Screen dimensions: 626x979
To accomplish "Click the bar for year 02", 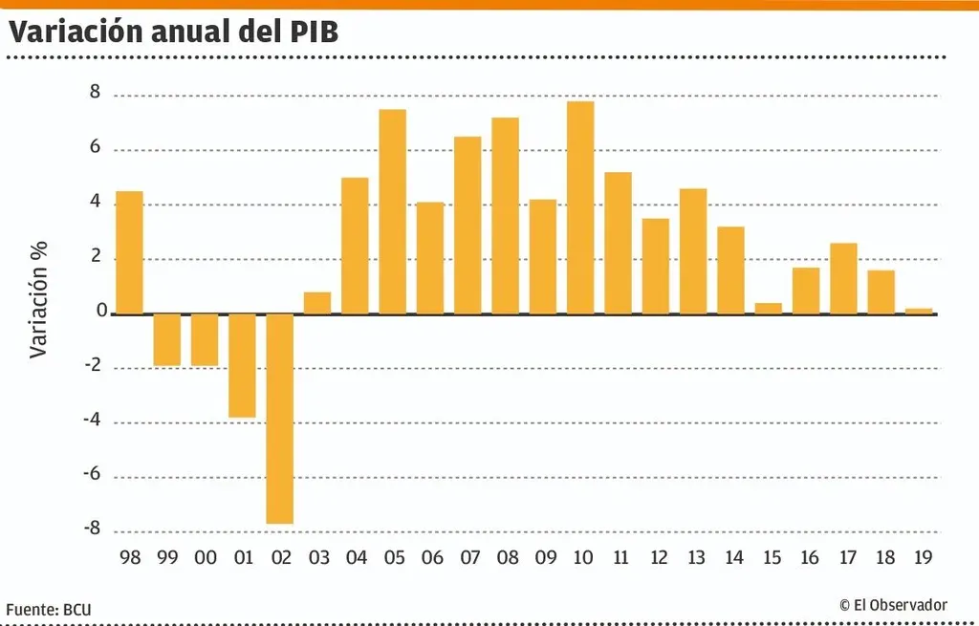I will pyautogui.click(x=280, y=419).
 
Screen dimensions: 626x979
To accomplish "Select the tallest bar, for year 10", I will pyautogui.click(x=580, y=207).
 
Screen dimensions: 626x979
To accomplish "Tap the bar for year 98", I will pyautogui.click(x=130, y=252).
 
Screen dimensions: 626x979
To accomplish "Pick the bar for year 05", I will pyautogui.click(x=393, y=211).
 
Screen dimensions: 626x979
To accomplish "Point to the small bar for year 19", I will pyautogui.click(x=919, y=311).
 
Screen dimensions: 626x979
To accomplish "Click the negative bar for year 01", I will pyautogui.click(x=243, y=365).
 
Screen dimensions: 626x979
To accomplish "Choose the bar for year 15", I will pyautogui.click(x=769, y=308).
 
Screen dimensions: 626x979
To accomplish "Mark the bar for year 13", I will pyautogui.click(x=693, y=250).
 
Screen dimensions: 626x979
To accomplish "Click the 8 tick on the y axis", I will pyautogui.click(x=95, y=94).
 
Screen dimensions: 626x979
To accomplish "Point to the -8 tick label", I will pyautogui.click(x=91, y=529).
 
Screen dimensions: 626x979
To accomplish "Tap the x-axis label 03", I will pyautogui.click(x=318, y=557).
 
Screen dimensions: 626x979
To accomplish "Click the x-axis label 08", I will pyautogui.click(x=506, y=557).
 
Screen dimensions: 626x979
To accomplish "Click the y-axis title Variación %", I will pyautogui.click(x=38, y=298).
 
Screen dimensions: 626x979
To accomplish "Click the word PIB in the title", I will pyautogui.click(x=313, y=32).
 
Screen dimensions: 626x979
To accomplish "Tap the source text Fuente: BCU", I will pyautogui.click(x=50, y=608).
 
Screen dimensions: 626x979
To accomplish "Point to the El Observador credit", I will pyautogui.click(x=893, y=605).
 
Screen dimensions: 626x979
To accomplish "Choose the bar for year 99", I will pyautogui.click(x=167, y=339).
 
